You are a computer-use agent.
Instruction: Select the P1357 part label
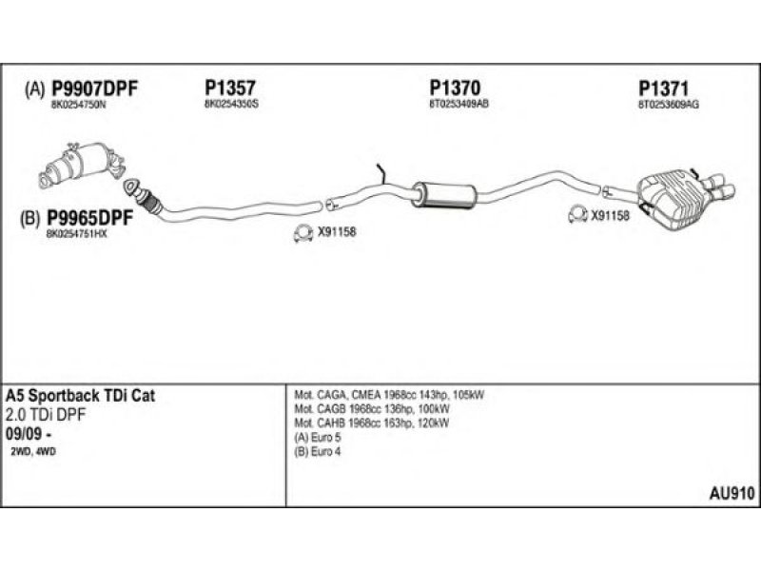229,89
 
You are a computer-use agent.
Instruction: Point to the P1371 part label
664,89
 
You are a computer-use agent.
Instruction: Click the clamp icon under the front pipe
302,231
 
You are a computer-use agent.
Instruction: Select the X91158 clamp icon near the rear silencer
576,214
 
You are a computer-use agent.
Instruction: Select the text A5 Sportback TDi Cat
81,394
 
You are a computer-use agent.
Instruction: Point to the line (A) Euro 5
320,437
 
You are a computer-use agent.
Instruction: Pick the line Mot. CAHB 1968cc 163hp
371,423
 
